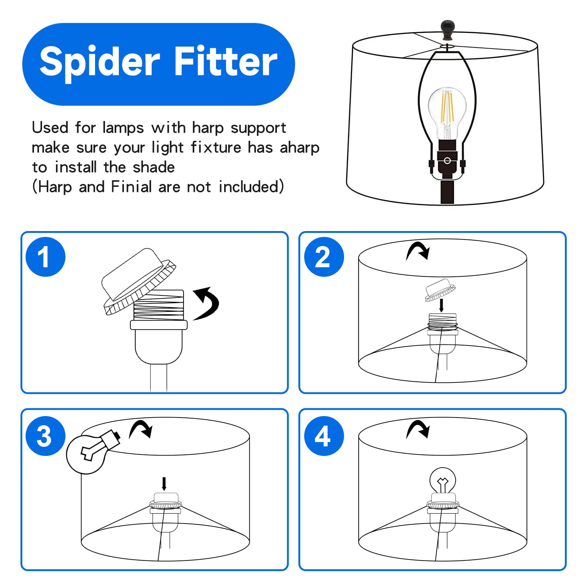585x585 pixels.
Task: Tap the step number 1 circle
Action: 46,257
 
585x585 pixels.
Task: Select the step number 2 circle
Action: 324,257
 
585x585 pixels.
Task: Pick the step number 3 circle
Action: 46,436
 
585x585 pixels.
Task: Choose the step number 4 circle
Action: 324,436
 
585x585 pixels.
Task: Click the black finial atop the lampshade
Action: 448,30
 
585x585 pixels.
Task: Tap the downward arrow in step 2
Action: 441,306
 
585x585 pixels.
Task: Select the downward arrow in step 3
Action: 164,483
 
